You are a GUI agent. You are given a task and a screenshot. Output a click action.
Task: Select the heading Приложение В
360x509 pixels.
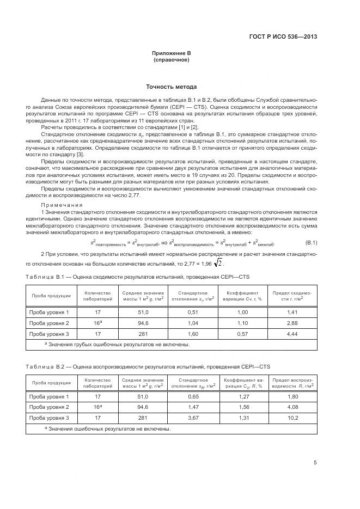(172, 53)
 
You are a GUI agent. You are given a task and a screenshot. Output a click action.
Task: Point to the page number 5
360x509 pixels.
(315, 463)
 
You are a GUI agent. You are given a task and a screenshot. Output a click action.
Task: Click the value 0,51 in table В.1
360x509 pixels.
(193, 312)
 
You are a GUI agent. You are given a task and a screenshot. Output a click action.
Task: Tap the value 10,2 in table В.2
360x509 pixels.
(292, 418)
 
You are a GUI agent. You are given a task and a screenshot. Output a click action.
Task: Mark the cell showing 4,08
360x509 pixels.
(292, 407)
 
